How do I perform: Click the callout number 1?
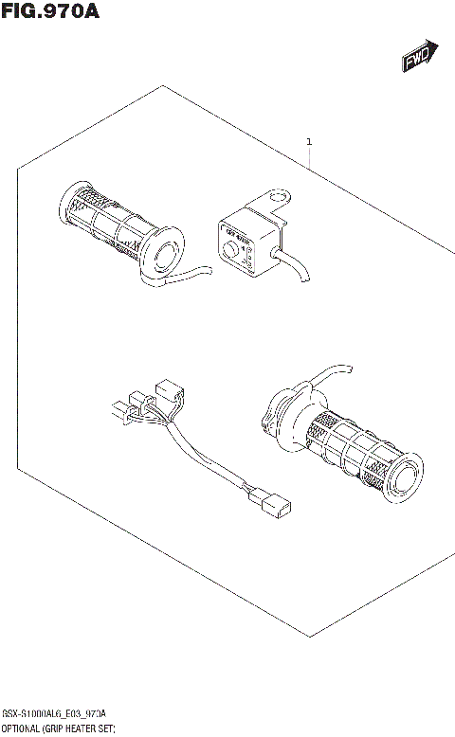pos(309,143)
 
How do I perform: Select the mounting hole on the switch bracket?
pos(279,199)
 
